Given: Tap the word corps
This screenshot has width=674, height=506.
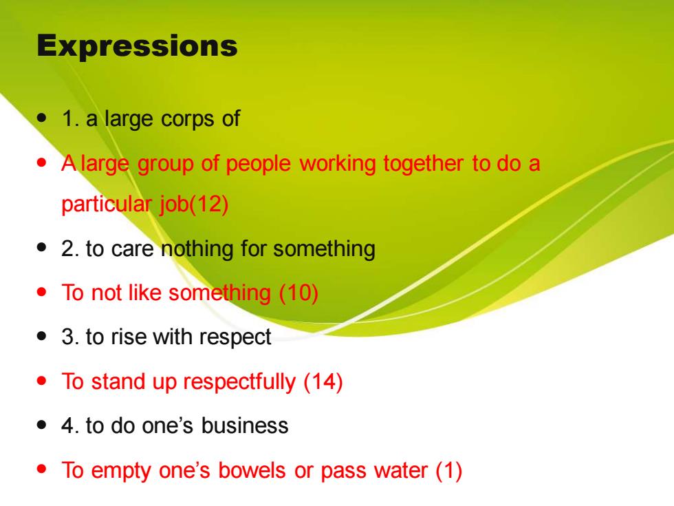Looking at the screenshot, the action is [x=187, y=119].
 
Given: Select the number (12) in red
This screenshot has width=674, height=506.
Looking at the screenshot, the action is [x=208, y=204].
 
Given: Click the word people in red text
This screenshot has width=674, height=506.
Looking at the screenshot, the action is [x=258, y=164].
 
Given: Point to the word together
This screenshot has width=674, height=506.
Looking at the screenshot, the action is [x=423, y=164].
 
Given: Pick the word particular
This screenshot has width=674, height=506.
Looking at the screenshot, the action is [x=106, y=204].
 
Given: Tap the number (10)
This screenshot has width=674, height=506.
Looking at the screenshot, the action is [x=298, y=293].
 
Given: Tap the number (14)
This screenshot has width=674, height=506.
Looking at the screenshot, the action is [x=323, y=381].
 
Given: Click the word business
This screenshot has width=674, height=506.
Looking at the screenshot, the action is [x=245, y=425].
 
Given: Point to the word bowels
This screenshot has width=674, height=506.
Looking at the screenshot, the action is [x=252, y=470].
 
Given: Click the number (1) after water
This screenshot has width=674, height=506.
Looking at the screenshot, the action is [x=448, y=470].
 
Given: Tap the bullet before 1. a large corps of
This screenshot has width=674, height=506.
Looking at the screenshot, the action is [x=42, y=118].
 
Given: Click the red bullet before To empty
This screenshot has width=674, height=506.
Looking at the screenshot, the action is [x=42, y=469].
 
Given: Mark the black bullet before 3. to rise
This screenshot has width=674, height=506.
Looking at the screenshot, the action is [x=42, y=335].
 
